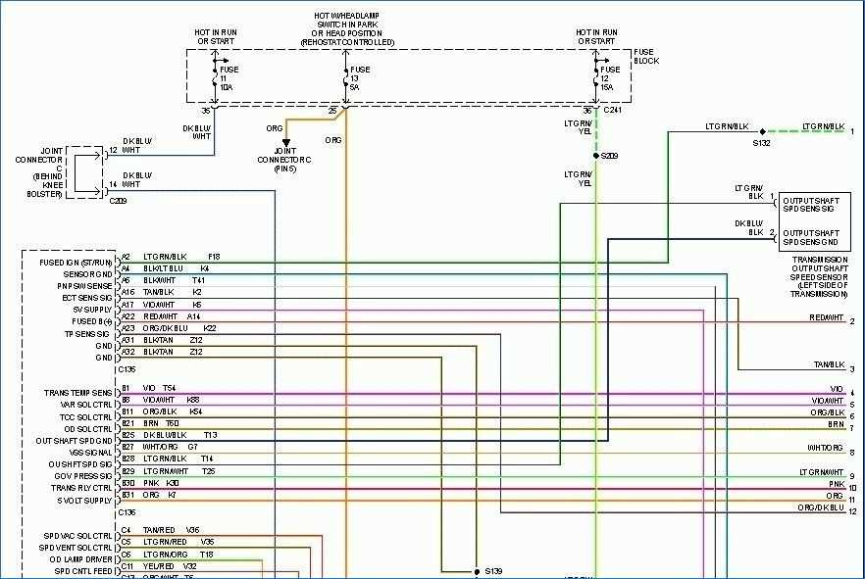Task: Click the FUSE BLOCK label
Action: pyautogui.click(x=646, y=56)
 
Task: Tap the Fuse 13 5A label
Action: pyautogui.click(x=361, y=78)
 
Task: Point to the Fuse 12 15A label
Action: pyautogui.click(x=611, y=78)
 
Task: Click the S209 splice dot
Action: pyautogui.click(x=595, y=155)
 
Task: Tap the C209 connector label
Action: pyautogui.click(x=119, y=200)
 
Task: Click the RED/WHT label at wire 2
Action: pyautogui.click(x=826, y=318)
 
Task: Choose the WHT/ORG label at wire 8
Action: pyautogui.click(x=825, y=448)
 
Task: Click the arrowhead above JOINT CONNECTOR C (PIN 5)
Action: pyautogui.click(x=286, y=143)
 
